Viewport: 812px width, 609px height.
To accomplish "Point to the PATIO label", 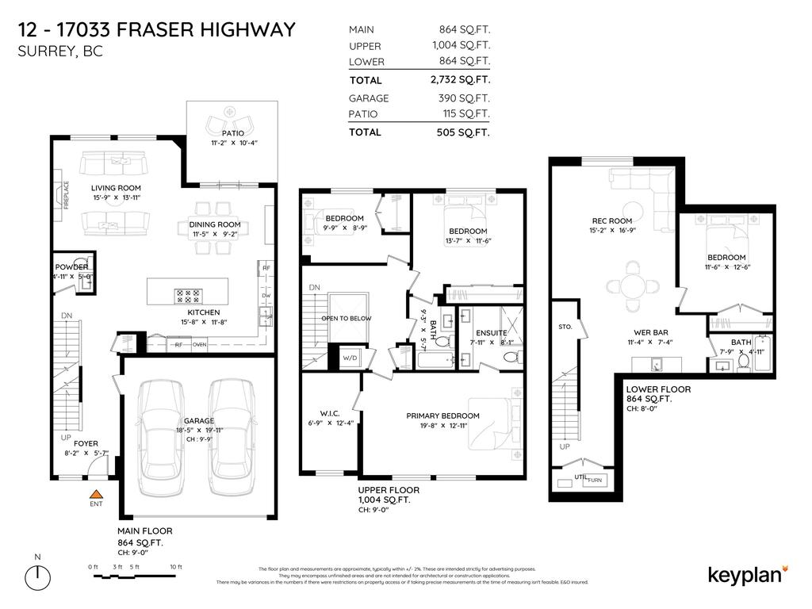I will click(x=232, y=133).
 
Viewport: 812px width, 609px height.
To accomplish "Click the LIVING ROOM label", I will click(x=115, y=188).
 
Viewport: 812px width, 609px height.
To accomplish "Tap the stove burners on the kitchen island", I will click(x=190, y=296).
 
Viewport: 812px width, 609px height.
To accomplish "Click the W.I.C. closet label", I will click(x=330, y=412).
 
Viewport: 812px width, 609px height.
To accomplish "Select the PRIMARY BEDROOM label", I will click(x=442, y=416).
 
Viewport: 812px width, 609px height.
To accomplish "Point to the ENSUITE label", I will click(x=491, y=333).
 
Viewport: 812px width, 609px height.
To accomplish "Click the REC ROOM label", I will click(x=611, y=221).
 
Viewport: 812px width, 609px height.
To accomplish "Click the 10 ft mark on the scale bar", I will click(x=176, y=567).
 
